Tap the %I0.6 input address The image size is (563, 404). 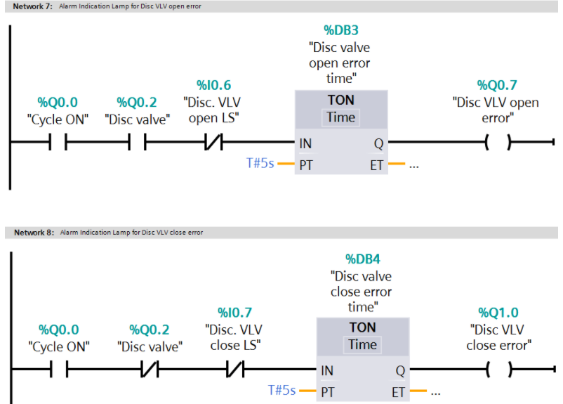[x=211, y=85]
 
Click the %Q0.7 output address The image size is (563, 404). [x=497, y=85]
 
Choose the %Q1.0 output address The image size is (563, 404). [x=498, y=313]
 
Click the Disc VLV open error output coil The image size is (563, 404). [x=498, y=143]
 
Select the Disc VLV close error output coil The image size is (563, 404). [x=498, y=370]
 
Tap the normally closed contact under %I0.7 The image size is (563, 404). [x=234, y=370]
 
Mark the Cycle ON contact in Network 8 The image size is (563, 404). [x=58, y=370]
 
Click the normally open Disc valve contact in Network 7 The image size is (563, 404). [x=138, y=143]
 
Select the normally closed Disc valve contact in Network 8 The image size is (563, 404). [x=150, y=370]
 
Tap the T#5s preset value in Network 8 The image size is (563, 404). [x=282, y=390]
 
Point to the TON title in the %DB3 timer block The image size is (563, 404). [x=340, y=100]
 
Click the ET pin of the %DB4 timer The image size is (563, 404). [x=398, y=391]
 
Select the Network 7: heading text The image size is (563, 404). [x=33, y=6]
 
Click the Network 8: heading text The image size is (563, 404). [x=33, y=233]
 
